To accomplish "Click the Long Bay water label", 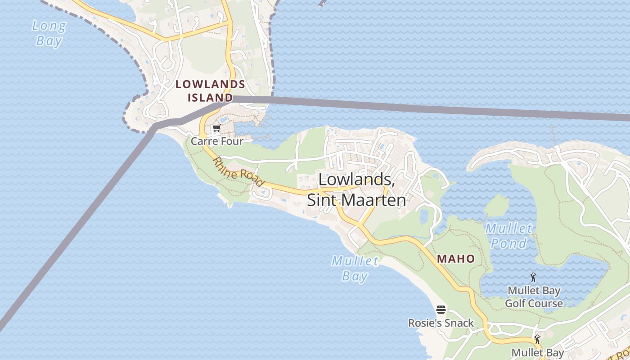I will pos(49,33).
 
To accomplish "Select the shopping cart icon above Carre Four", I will pos(216,129).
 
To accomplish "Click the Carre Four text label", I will pos(217,141).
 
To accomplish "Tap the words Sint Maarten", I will pos(356,200).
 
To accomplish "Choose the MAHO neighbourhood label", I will pos(456,259).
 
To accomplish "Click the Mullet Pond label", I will pos(508,236).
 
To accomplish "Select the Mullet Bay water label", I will pos(355,268).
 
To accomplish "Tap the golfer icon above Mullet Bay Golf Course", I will pos(534,277).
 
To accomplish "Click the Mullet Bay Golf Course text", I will pos(534,297).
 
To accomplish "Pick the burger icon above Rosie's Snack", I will pos(441,310).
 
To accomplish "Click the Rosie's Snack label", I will pos(441,323).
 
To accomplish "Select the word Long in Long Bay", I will pos(49,26).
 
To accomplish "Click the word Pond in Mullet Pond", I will pos(508,243).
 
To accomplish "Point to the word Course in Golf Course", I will pos(546,303).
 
